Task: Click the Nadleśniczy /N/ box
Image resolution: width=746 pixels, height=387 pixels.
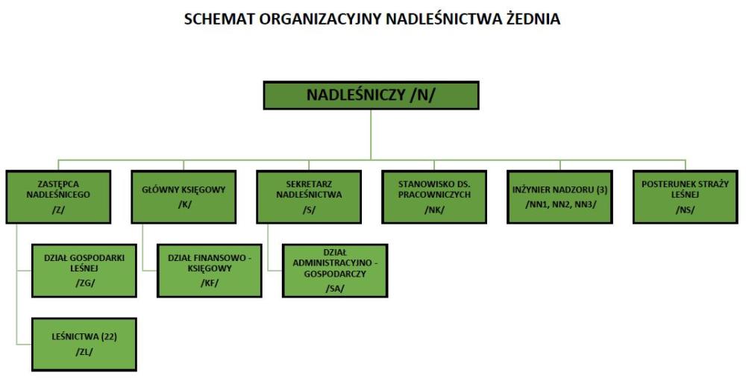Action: click(371, 95)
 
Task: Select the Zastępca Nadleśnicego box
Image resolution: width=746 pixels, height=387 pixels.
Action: click(58, 197)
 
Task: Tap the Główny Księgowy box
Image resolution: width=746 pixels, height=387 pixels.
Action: click(184, 197)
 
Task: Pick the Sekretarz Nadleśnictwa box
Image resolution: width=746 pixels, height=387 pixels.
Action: click(309, 197)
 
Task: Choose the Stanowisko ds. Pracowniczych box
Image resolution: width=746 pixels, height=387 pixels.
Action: click(434, 197)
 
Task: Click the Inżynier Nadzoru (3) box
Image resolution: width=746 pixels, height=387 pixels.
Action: click(560, 197)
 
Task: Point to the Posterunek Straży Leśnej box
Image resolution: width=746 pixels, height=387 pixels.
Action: click(686, 197)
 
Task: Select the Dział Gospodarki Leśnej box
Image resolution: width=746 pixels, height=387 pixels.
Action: click(84, 271)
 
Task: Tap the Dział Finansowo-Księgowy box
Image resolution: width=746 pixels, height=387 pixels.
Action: click(210, 271)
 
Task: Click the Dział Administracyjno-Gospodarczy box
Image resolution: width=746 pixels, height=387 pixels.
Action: click(335, 271)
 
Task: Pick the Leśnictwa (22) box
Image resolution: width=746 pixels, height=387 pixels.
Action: click(84, 344)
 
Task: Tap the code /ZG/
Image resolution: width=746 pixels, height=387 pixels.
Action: click(85, 283)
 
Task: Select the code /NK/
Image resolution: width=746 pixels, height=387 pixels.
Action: click(434, 210)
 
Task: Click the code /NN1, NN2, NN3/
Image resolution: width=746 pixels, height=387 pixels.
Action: click(560, 204)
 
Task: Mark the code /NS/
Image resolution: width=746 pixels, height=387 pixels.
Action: click(685, 210)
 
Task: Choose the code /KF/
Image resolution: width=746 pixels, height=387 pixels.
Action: click(210, 283)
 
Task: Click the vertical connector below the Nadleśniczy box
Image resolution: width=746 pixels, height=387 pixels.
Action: click(371, 135)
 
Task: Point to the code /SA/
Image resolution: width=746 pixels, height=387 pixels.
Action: click(335, 289)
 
